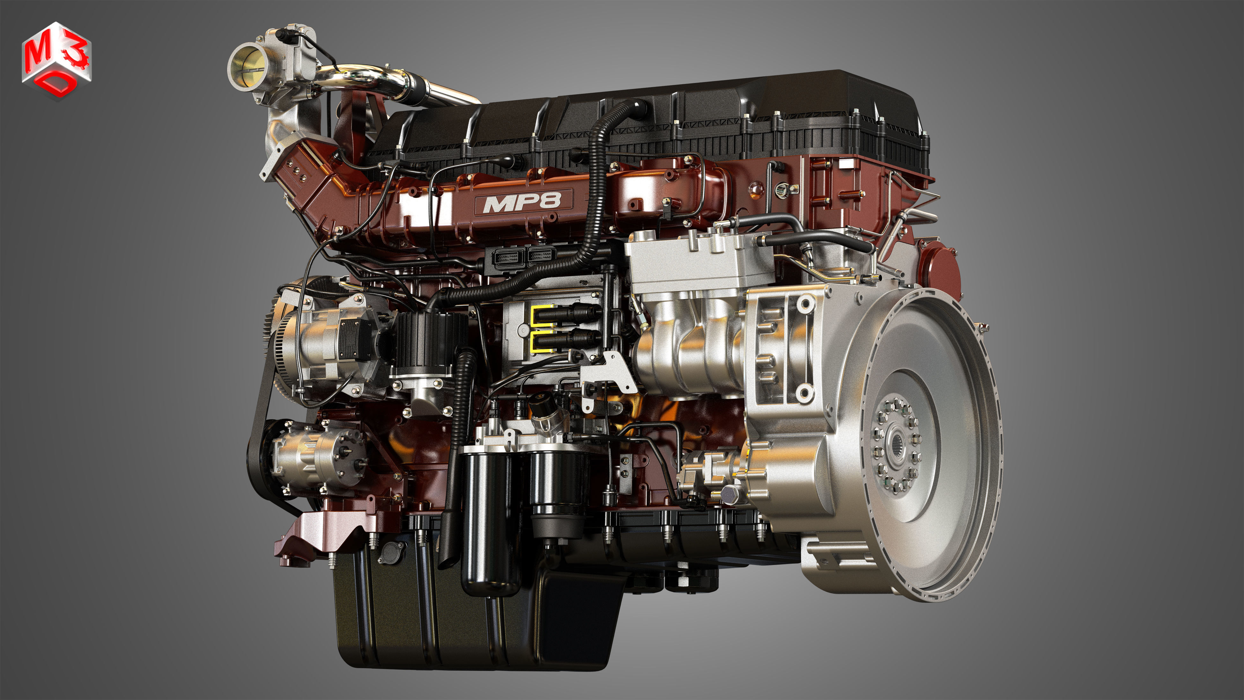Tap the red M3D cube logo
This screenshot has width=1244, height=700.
[x=56, y=60]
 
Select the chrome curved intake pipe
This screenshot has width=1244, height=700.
[x=367, y=80]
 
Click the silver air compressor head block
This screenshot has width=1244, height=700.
[x=700, y=263]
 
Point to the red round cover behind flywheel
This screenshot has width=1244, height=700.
[x=939, y=271]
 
